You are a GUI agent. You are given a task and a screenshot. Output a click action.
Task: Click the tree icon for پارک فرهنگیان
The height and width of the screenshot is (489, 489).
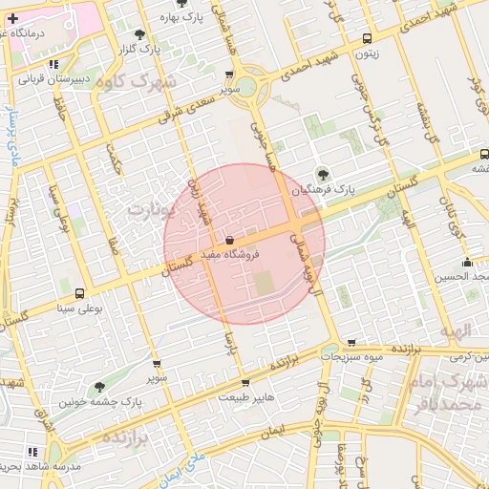tap(323, 174)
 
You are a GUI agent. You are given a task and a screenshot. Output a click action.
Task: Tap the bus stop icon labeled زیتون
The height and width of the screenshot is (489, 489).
tap(368, 39)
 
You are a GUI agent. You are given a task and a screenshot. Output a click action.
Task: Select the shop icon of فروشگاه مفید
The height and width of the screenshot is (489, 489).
tap(229, 240)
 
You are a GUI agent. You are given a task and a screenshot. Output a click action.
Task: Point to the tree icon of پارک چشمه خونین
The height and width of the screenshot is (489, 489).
tap(99, 387)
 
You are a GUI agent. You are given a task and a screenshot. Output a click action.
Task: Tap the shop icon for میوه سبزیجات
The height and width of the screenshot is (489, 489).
tap(352, 342)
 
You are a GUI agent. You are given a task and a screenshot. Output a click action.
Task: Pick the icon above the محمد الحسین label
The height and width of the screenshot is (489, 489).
tap(467, 263)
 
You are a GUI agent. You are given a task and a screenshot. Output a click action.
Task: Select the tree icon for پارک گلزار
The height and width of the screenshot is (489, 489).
tap(140, 33)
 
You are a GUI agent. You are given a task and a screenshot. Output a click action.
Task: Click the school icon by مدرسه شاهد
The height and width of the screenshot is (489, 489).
tap(33, 452)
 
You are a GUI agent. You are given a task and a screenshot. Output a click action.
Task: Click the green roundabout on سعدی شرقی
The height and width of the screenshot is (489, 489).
tap(246, 88)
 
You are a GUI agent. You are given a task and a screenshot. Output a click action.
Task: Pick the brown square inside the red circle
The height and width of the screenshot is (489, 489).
tap(262, 284)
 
